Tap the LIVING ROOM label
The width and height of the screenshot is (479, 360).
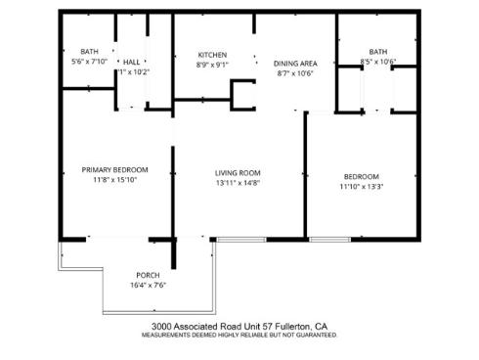(238, 173)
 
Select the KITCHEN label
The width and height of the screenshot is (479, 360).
(212, 55)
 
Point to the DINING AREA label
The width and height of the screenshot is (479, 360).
(293, 62)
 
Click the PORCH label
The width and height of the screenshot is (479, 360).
(148, 275)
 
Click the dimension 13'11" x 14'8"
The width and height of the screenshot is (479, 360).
(238, 183)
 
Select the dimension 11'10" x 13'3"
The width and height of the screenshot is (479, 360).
(361, 186)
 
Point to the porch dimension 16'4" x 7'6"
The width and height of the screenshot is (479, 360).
(149, 286)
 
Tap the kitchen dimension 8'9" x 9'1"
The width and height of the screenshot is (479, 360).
(212, 65)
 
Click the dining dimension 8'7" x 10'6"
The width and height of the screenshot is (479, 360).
(293, 72)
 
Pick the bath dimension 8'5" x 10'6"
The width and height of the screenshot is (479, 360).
(377, 62)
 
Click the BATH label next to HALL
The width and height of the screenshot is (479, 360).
(90, 52)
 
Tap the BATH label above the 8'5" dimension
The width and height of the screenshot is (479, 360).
(377, 52)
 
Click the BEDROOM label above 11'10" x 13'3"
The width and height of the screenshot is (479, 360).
(361, 176)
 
